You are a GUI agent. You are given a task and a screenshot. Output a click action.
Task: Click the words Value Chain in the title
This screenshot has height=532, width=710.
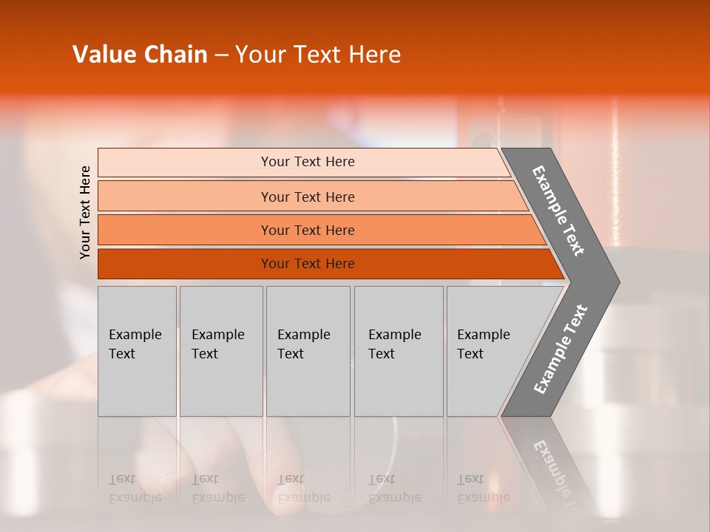coord(140,55)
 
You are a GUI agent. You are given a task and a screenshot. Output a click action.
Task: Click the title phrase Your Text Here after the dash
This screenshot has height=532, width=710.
coord(318,55)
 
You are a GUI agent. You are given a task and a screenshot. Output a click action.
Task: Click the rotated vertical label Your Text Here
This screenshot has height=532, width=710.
coord(85,212)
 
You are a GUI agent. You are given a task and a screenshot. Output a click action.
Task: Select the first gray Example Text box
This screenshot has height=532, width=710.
coord(137,351)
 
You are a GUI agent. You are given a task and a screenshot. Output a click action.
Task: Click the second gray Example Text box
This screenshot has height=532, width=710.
coord(221,351)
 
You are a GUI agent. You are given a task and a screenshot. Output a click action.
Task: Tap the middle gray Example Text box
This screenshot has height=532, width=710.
coord(308,351)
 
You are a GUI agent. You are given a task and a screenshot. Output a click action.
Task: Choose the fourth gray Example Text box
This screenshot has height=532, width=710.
coord(399,351)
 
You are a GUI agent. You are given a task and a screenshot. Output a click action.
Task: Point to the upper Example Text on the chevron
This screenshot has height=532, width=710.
coord(559,211)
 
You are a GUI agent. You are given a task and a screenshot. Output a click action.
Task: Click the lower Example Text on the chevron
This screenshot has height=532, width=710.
coord(560,349)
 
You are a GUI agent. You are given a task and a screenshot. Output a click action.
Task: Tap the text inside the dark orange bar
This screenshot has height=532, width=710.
coord(308,264)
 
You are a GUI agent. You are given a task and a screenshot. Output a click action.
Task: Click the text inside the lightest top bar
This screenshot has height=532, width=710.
coord(308,162)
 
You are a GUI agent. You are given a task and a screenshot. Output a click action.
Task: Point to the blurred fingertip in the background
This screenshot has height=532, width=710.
coord(296,495)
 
